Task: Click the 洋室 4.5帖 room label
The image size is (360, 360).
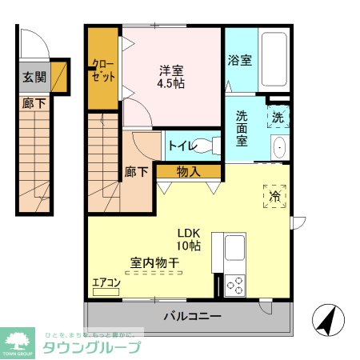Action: point(171,76)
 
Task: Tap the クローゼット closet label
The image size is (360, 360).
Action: point(103,70)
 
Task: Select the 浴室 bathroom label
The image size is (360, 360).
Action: point(238,60)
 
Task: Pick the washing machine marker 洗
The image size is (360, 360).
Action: point(277,117)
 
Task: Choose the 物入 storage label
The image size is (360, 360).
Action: point(188,171)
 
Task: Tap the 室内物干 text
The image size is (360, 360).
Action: point(154,262)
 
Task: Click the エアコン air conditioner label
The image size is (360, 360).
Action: point(106,282)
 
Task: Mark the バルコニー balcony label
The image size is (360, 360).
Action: point(192,316)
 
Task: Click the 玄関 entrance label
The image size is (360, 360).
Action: point(34,78)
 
